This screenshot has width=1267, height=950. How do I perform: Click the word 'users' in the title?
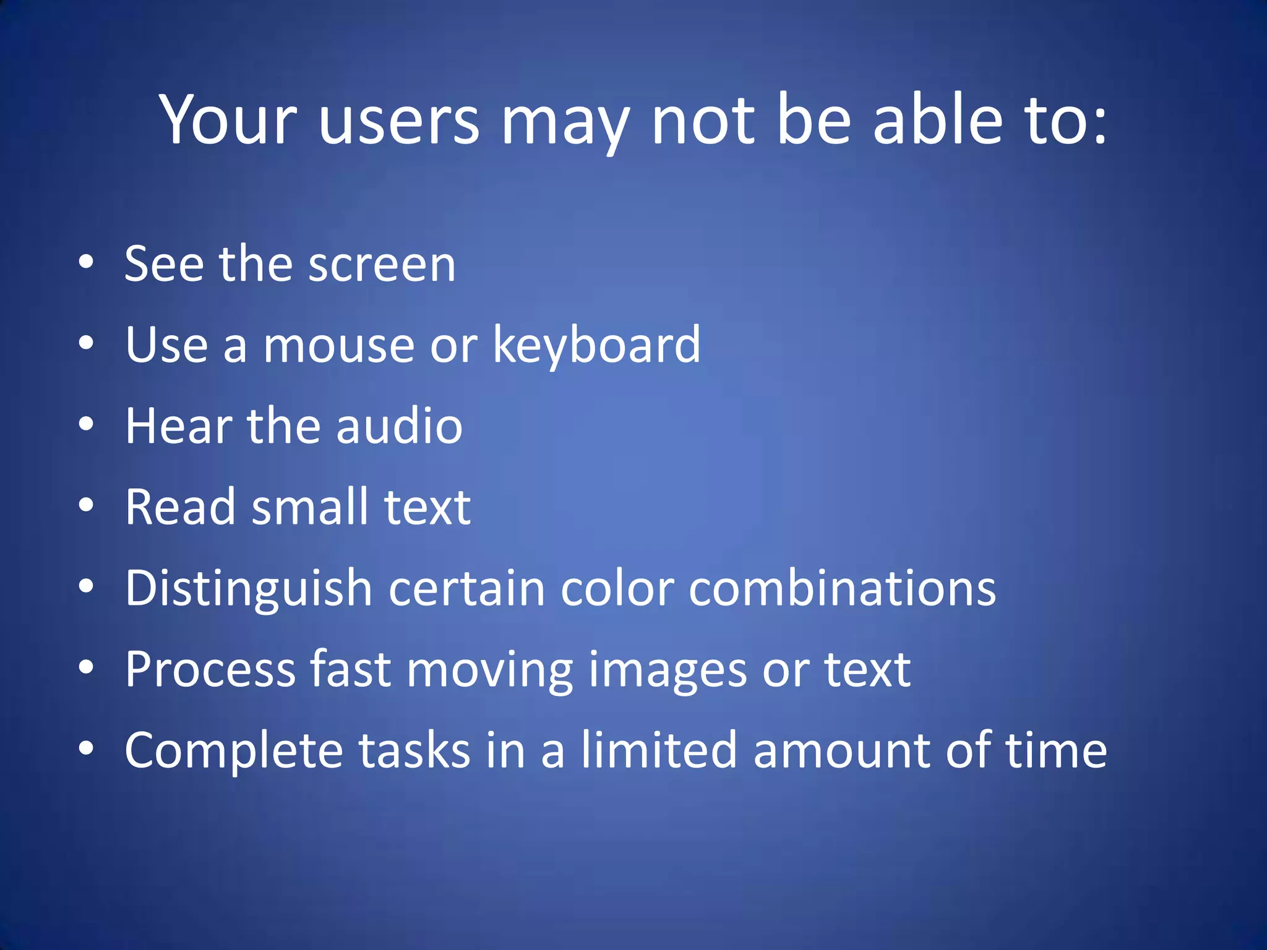point(399,121)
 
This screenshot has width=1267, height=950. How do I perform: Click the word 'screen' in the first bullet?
point(382,265)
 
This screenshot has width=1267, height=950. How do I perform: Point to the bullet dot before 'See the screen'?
point(86,262)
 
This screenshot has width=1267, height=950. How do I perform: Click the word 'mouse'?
point(339,345)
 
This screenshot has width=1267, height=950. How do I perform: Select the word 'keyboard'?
point(597,345)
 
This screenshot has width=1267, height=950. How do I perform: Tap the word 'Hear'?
point(178,426)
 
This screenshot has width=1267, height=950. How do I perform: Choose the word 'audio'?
point(400,426)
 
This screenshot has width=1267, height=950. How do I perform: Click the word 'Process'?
point(210,670)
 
